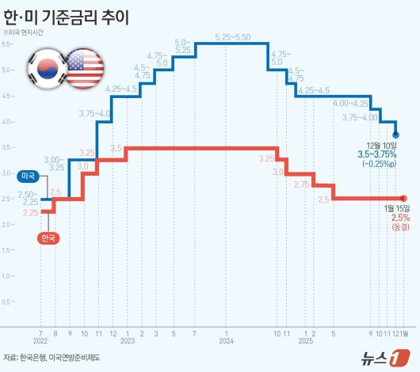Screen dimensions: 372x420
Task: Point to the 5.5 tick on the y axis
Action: click(x=6, y=44)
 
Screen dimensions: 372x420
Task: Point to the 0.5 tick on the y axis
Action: click(x=6, y=302)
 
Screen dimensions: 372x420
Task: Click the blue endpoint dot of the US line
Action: click(x=396, y=135)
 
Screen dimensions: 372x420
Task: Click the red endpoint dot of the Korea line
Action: click(x=404, y=198)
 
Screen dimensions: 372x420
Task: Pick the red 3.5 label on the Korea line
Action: click(x=116, y=148)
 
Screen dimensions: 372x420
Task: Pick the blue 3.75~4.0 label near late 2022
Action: click(x=94, y=114)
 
